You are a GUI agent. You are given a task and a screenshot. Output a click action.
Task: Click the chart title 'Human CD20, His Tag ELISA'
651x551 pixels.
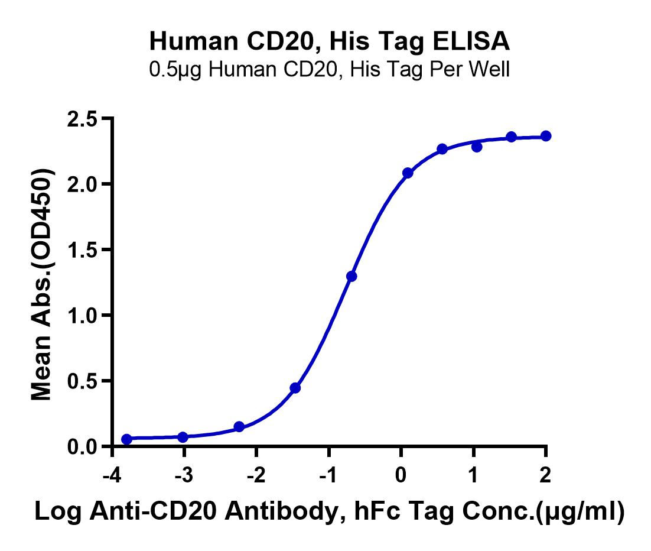329,41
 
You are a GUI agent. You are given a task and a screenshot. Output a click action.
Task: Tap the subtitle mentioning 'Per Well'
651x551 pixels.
329,70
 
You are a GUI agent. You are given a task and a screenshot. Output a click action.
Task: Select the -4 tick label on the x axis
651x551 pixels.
112,475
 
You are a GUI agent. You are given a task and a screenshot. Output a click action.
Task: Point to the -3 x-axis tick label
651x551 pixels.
184,475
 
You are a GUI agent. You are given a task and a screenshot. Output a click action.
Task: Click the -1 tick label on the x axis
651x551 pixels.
328,475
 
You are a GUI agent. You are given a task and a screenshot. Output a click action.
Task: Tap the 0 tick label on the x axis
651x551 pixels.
401,475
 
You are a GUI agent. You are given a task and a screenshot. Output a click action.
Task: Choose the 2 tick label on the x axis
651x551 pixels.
545,475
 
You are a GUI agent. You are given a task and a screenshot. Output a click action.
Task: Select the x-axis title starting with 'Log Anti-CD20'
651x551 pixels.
329,512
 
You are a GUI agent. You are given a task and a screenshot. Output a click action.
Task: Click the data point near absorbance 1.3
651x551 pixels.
351,276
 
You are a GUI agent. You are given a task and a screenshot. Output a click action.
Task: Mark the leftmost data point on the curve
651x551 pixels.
126,439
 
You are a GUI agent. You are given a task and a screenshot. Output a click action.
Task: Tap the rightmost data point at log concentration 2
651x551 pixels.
546,136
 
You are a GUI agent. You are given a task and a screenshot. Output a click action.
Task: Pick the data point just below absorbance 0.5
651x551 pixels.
295,388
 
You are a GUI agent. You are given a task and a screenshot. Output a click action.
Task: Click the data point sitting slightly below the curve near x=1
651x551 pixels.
477,147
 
